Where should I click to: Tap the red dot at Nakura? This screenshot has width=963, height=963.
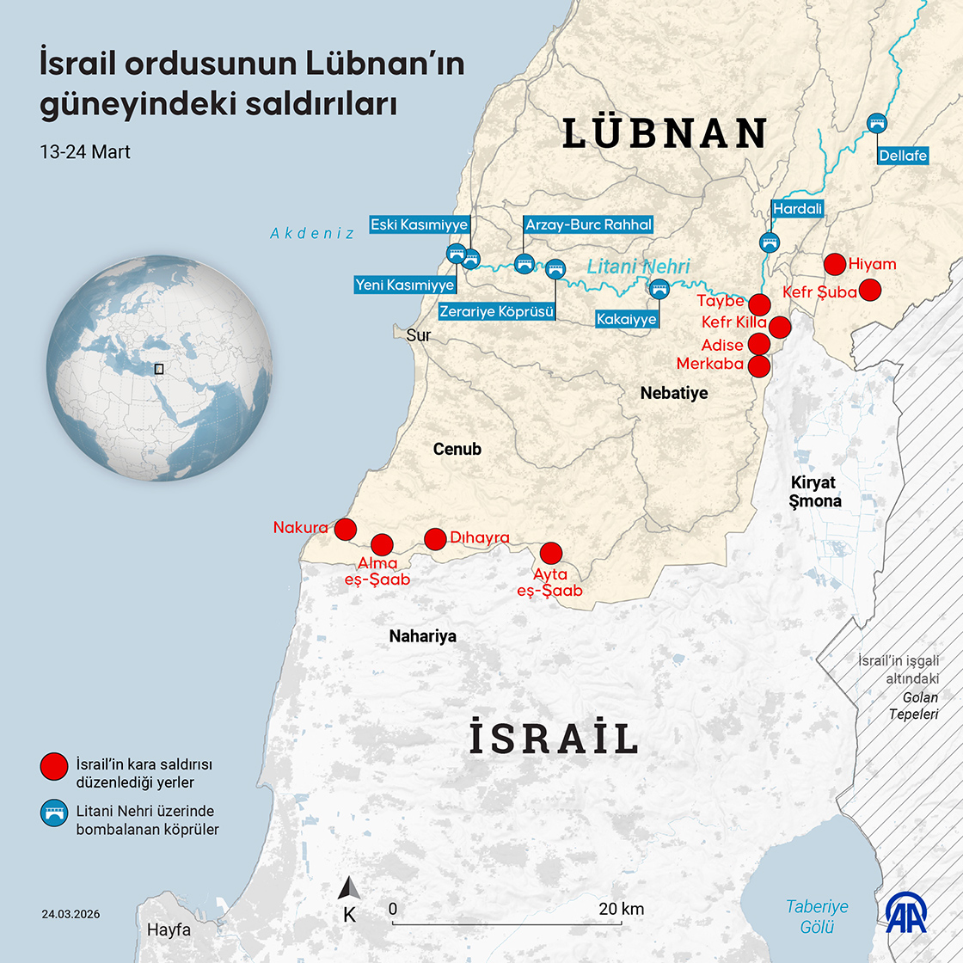345,529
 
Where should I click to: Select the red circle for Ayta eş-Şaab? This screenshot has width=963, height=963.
550,553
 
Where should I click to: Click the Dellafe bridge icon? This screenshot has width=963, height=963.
877,123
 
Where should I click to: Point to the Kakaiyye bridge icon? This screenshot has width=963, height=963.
659,288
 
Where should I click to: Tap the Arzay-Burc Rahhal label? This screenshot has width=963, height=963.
589,225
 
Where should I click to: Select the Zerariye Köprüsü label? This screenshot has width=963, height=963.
497,310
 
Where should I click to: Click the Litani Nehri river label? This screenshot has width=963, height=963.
638,267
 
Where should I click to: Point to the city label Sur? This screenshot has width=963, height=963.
418,335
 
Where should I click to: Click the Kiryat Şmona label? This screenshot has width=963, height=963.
815,491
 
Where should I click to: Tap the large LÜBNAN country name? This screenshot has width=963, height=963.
665,133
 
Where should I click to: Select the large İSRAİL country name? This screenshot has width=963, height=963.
553,739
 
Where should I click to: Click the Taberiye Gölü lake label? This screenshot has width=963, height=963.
817,917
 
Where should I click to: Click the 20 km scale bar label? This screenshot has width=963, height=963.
621,909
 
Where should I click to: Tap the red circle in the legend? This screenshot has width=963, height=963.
53,764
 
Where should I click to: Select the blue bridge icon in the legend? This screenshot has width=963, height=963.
53,813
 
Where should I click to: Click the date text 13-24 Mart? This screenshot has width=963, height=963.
84,152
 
